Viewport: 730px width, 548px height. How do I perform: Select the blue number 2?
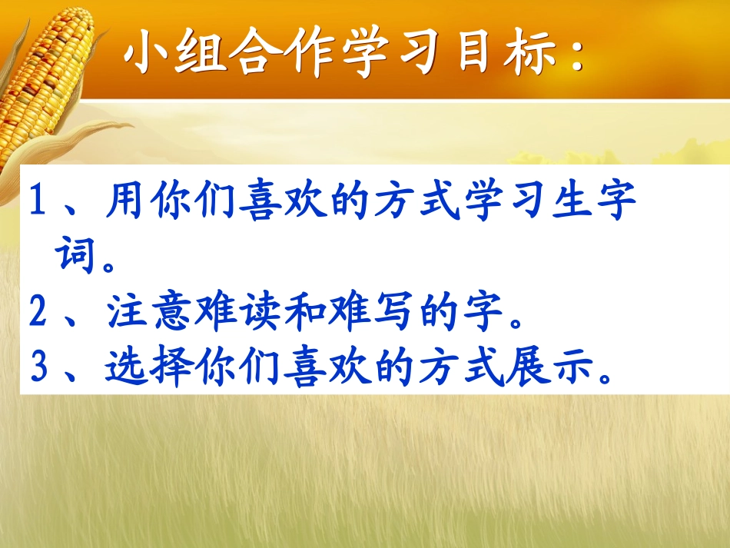tap(37, 313)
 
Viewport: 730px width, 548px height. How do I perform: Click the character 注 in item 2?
tap(123, 313)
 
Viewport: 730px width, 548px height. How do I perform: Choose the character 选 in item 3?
tap(123, 367)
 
